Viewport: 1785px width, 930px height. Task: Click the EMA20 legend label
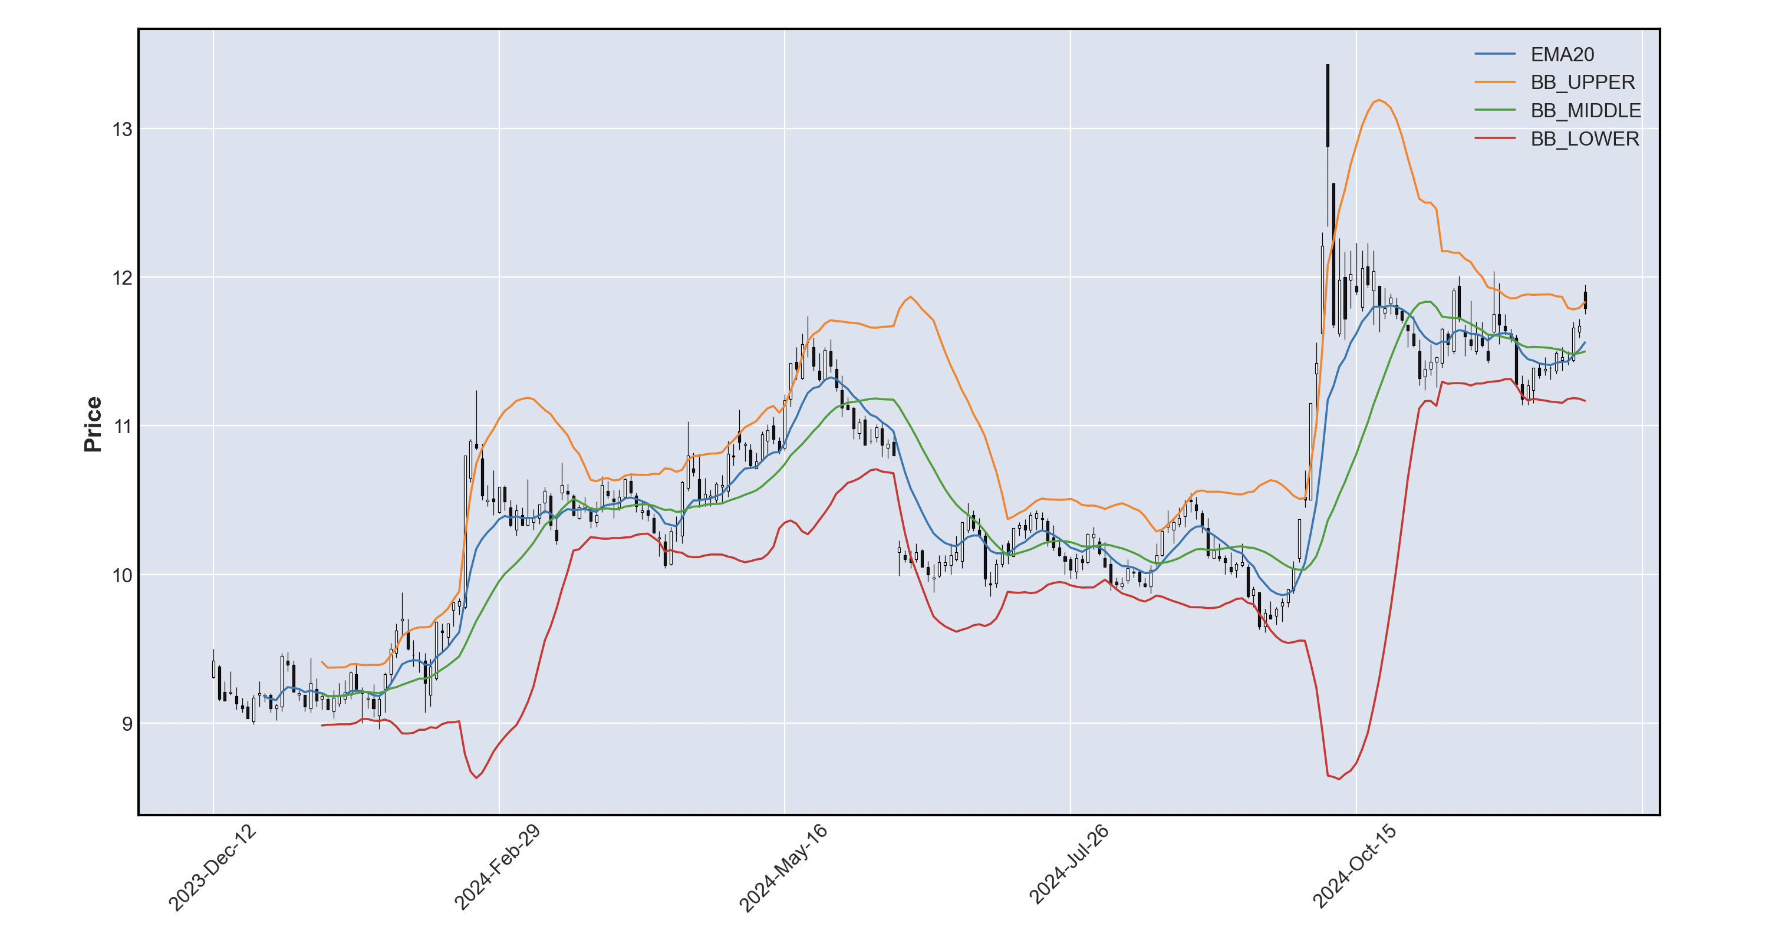1562,54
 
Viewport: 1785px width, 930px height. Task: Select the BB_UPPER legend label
1582,83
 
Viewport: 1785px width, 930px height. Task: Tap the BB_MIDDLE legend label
1585,110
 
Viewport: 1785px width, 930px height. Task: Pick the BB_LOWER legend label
1585,138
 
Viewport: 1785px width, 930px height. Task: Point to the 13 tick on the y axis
122,129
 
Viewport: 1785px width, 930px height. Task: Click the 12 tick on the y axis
122,278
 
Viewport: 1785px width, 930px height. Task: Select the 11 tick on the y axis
122,426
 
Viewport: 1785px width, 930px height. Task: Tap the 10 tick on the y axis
122,575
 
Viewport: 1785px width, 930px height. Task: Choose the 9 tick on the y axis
127,724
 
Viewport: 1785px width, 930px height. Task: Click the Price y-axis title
93,424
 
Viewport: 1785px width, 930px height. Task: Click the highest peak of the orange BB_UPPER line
1379,100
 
